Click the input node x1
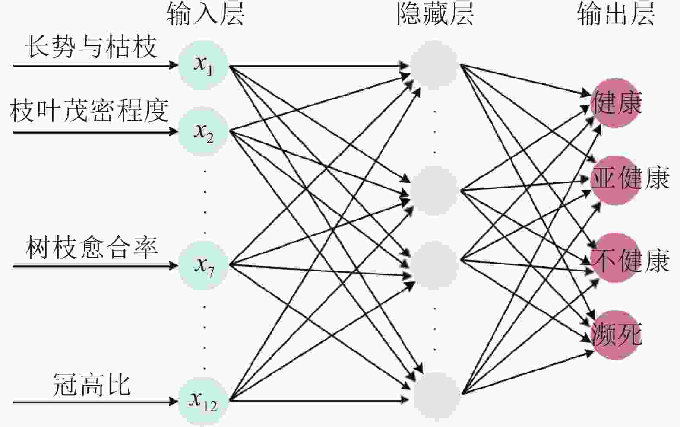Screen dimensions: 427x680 203,65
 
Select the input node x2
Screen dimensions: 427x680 203,131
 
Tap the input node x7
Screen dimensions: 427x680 203,265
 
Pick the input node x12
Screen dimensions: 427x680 203,402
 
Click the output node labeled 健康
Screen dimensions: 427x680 615,103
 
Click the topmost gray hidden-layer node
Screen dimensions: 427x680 434,65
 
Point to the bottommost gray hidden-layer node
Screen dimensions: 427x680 436,396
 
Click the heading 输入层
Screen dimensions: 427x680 205,14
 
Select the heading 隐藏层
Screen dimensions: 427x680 435,14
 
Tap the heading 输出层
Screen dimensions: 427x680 616,14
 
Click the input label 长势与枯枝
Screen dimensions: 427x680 91,47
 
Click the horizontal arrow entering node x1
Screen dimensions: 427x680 95,66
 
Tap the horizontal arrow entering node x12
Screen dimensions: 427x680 95,402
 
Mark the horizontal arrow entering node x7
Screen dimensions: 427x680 95,266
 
